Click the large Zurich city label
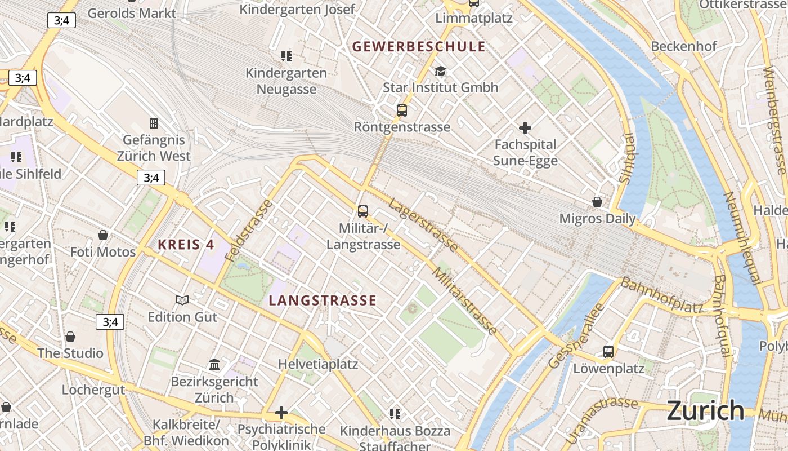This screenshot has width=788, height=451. point(705,411)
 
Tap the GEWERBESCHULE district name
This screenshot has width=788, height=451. point(419,47)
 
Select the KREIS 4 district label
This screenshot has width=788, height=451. point(186,245)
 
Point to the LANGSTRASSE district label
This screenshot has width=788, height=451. point(323,300)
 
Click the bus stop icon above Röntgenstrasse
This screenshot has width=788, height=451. point(401,110)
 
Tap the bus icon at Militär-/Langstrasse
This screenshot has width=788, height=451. point(363,211)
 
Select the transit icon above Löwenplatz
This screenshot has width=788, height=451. point(608,352)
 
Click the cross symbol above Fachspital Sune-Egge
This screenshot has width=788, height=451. point(525,128)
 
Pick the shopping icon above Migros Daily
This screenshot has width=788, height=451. point(597,202)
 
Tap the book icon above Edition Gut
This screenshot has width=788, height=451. point(182,300)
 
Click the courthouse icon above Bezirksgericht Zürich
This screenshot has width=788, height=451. point(214,365)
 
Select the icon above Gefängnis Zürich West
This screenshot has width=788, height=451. point(153,123)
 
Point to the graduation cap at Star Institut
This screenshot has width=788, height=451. point(440,71)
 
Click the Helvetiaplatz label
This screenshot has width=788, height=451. point(318,364)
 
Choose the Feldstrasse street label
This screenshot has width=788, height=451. point(248,230)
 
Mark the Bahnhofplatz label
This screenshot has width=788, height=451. point(662,295)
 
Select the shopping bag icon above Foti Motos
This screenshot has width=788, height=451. point(103,235)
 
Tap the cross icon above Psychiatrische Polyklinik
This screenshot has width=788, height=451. point(281,413)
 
